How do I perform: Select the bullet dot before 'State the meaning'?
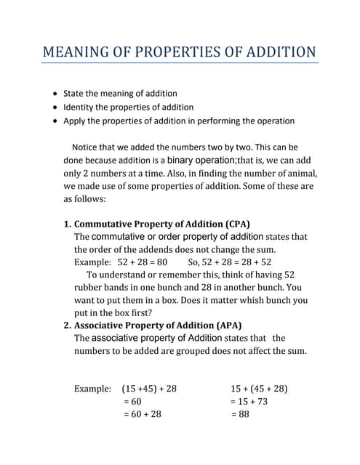point(55,94)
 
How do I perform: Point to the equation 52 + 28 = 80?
point(143,262)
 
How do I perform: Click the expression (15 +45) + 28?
point(149,389)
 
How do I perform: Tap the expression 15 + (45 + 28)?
point(259,389)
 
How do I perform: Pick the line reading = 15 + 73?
point(249,401)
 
